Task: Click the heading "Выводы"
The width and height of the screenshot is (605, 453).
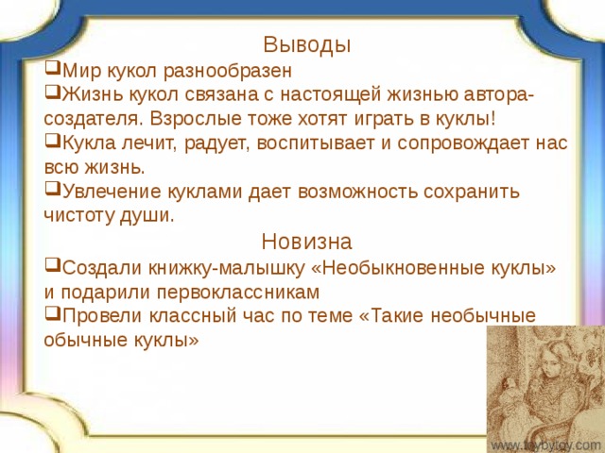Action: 307,44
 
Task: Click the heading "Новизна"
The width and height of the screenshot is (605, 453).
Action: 307,240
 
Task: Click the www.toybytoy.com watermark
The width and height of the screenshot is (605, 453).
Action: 545,444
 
